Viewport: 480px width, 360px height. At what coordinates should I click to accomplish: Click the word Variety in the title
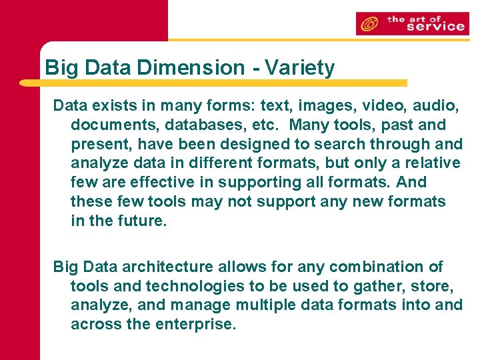(299, 67)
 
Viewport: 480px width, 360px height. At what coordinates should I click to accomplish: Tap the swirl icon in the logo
(369, 25)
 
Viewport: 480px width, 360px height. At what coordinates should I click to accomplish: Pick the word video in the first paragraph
(381, 105)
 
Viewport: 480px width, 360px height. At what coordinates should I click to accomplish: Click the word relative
(434, 163)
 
